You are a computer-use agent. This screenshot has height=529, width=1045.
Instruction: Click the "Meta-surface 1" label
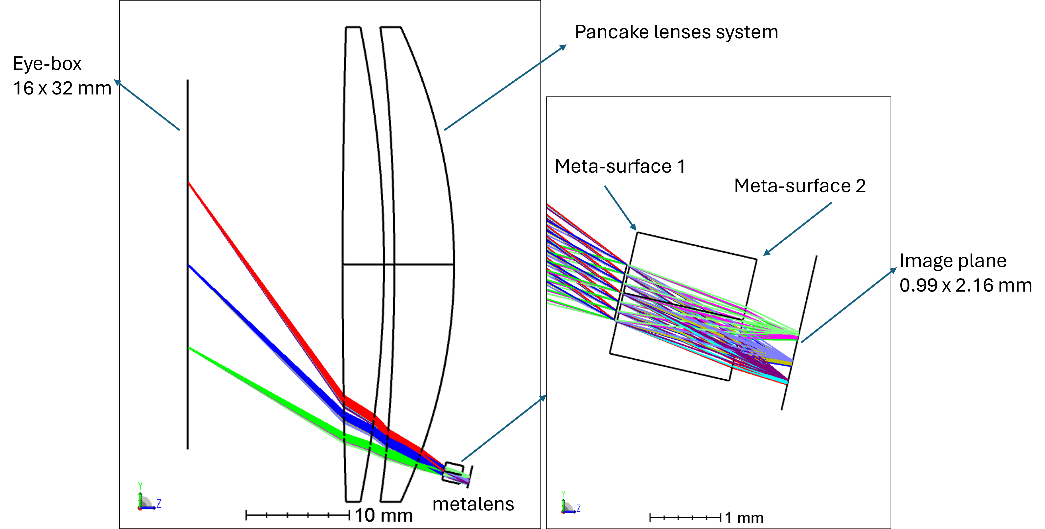pyautogui.click(x=619, y=166)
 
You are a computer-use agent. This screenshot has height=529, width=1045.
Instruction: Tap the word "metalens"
pyautogui.click(x=473, y=504)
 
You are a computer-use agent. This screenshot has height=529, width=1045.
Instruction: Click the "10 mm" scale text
pyautogui.click(x=383, y=515)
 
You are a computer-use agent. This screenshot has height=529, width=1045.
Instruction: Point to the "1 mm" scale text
pyautogui.click(x=744, y=518)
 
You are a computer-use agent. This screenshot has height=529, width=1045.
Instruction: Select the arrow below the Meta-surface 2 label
pyautogui.click(x=797, y=229)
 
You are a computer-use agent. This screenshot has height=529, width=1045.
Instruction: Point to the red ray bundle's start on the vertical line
pyautogui.click(x=189, y=183)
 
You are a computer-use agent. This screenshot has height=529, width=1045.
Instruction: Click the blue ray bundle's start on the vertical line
pyautogui.click(x=189, y=266)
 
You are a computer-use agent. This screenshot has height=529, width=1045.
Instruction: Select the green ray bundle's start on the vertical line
pyautogui.click(x=189, y=348)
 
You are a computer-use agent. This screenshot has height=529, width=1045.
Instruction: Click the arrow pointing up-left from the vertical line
pyautogui.click(x=146, y=105)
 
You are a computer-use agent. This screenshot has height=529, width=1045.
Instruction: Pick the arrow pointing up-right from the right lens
pyautogui.click(x=505, y=87)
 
